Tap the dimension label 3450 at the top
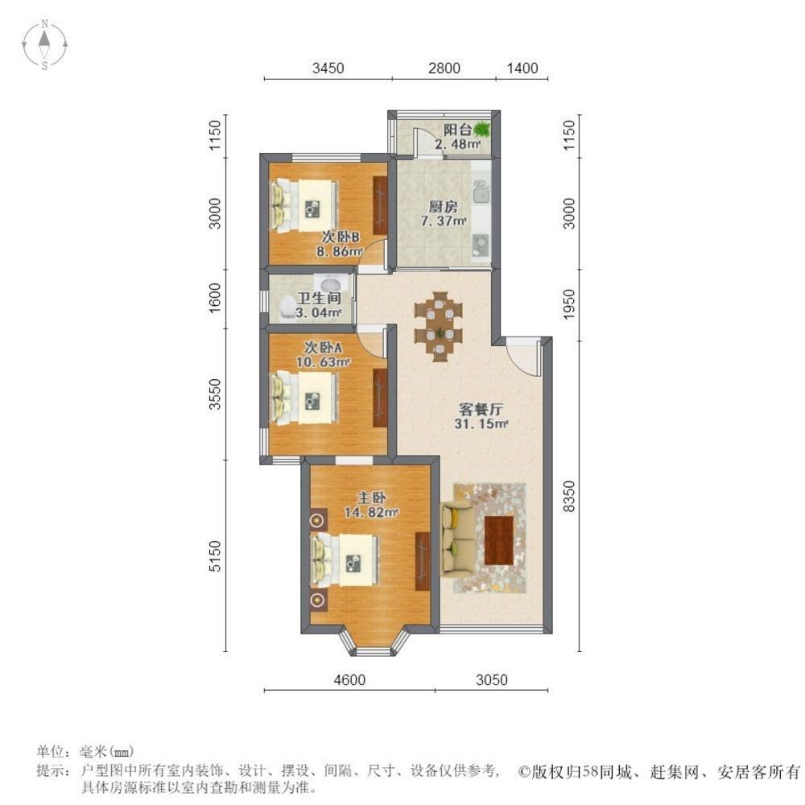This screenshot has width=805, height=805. coord(328,68)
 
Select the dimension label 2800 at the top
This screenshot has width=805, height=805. coord(444,68)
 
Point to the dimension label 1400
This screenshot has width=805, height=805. coord(522,68)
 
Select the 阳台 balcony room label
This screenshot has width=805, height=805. coord(457,130)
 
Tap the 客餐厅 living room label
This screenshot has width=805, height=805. coord(477,407)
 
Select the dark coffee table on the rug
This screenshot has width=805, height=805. coord(500,538)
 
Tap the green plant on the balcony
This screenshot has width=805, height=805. coord(482,129)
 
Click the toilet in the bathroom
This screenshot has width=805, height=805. coord(287,306)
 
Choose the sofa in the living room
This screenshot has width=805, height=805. coord(456,538)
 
